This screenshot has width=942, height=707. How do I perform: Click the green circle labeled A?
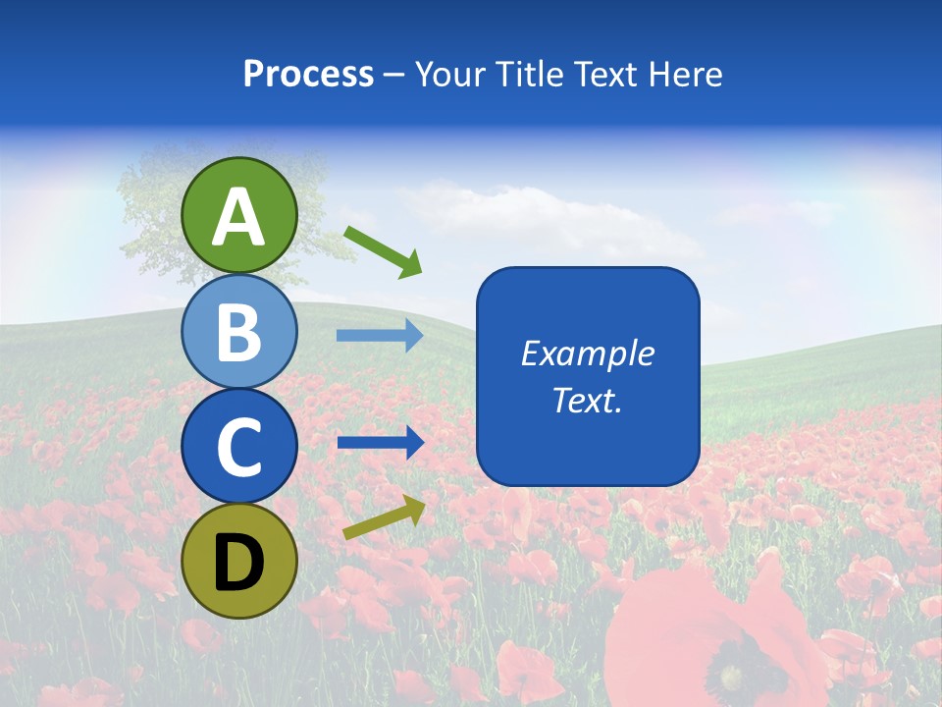(239, 215)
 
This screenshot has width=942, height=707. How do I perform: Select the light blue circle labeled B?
(239, 331)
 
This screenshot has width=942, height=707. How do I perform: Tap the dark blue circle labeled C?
(239, 447)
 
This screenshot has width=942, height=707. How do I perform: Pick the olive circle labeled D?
(239, 562)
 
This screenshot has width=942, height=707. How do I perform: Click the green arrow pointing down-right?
(383, 251)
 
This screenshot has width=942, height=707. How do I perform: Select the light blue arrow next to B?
(380, 336)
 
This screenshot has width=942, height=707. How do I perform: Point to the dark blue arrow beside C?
(380, 443)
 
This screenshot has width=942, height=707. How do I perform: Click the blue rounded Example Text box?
(588, 376)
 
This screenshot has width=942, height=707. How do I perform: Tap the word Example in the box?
(588, 353)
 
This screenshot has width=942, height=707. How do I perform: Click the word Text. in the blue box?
(588, 400)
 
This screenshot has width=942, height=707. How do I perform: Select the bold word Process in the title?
(308, 74)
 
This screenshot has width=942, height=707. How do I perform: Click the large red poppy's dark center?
(732, 676)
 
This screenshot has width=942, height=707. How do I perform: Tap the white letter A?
(239, 217)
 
